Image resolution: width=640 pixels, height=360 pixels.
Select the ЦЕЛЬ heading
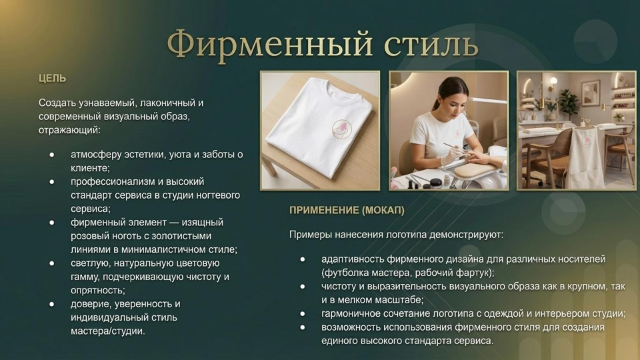click(52, 79)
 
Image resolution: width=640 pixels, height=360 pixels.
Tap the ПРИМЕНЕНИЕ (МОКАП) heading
click(347, 210)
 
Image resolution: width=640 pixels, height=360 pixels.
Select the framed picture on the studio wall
click(591, 93)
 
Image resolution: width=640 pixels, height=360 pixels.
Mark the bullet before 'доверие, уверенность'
click(52, 304)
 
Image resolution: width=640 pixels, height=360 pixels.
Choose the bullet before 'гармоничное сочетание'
click(303, 313)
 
